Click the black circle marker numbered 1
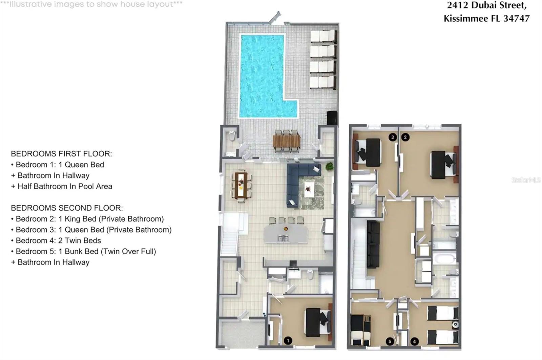click(x=288, y=340)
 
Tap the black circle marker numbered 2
click(x=405, y=137)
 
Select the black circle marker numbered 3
click(x=393, y=137)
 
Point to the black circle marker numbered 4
click(x=414, y=341)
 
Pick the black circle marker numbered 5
click(x=390, y=341)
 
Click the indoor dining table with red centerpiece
click(x=241, y=185)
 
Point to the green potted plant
click(x=329, y=166)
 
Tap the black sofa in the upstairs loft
click(x=373, y=244)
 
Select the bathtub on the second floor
click(x=444, y=259)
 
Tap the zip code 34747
click(x=516, y=18)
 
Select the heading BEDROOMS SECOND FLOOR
click(x=67, y=208)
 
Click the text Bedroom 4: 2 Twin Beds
click(x=58, y=240)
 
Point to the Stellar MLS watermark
click(x=526, y=180)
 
